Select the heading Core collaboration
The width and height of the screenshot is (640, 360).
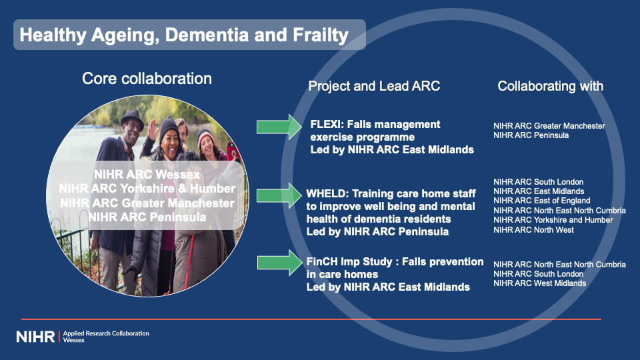[x=147, y=79]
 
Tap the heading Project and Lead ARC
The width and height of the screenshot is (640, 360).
[x=374, y=86]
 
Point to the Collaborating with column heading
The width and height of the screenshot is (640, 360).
[x=550, y=86]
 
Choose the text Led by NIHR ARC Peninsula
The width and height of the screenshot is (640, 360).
[x=377, y=232]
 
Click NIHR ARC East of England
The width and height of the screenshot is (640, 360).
[x=541, y=201]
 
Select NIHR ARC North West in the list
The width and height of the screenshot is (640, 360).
[x=533, y=230]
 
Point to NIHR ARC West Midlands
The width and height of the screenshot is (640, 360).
[x=539, y=283]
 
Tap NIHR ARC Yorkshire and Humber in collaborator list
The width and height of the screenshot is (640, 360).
[x=553, y=220]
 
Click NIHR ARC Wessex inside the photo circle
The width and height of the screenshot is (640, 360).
[x=147, y=175]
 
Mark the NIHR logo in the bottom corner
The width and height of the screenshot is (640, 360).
[x=35, y=337]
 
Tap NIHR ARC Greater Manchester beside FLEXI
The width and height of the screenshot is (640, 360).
[x=549, y=126]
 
